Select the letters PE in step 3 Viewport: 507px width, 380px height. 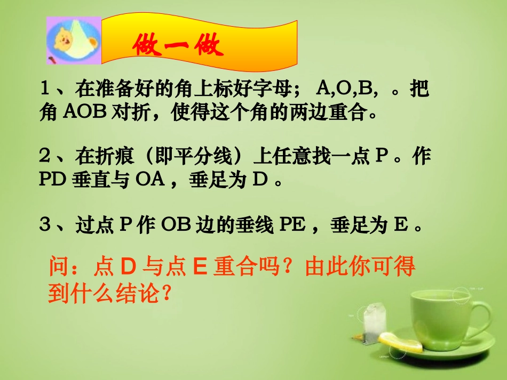click(x=292, y=226)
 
